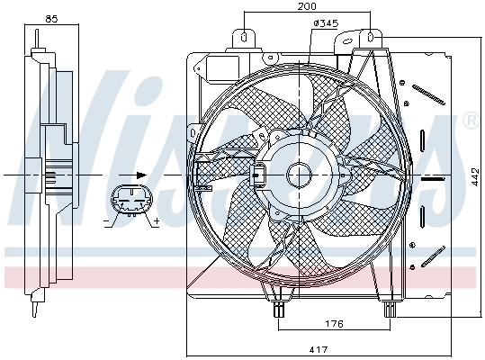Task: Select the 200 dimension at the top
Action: click(x=308, y=6)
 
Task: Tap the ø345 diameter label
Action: click(x=325, y=24)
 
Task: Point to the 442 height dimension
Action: click(x=475, y=179)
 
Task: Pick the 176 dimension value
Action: click(x=333, y=324)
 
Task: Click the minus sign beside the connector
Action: click(x=106, y=220)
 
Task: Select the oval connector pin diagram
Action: click(x=130, y=202)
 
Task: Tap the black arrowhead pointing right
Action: click(x=140, y=175)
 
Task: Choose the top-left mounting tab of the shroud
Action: click(x=244, y=37)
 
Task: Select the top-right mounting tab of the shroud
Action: click(x=370, y=38)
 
